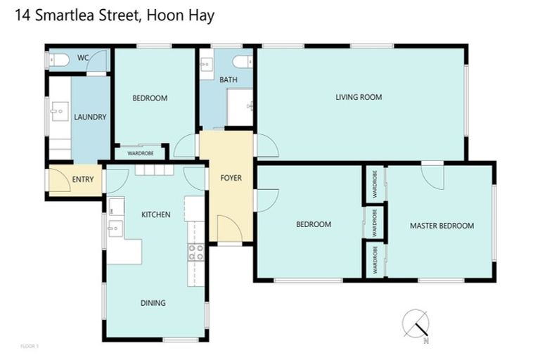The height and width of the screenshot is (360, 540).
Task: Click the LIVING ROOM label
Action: [x=359, y=97]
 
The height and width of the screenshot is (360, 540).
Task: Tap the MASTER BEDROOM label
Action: [x=442, y=226]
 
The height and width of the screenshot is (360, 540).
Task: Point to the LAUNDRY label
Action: [x=90, y=117]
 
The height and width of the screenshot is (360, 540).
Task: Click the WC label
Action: [x=82, y=57]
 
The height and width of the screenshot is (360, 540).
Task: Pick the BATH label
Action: [x=229, y=79]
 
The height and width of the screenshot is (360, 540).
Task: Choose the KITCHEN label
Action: [x=155, y=214]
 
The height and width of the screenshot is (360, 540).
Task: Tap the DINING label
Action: [x=153, y=303]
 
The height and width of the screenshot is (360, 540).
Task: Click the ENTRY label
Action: [x=82, y=179]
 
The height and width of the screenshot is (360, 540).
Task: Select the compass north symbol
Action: [x=416, y=324]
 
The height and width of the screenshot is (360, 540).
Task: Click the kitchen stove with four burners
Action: [x=195, y=252]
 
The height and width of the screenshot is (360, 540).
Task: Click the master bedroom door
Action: [x=433, y=175]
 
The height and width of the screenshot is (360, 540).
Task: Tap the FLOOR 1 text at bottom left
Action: [x=30, y=346]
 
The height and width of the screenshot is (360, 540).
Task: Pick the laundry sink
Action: [x=58, y=112]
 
